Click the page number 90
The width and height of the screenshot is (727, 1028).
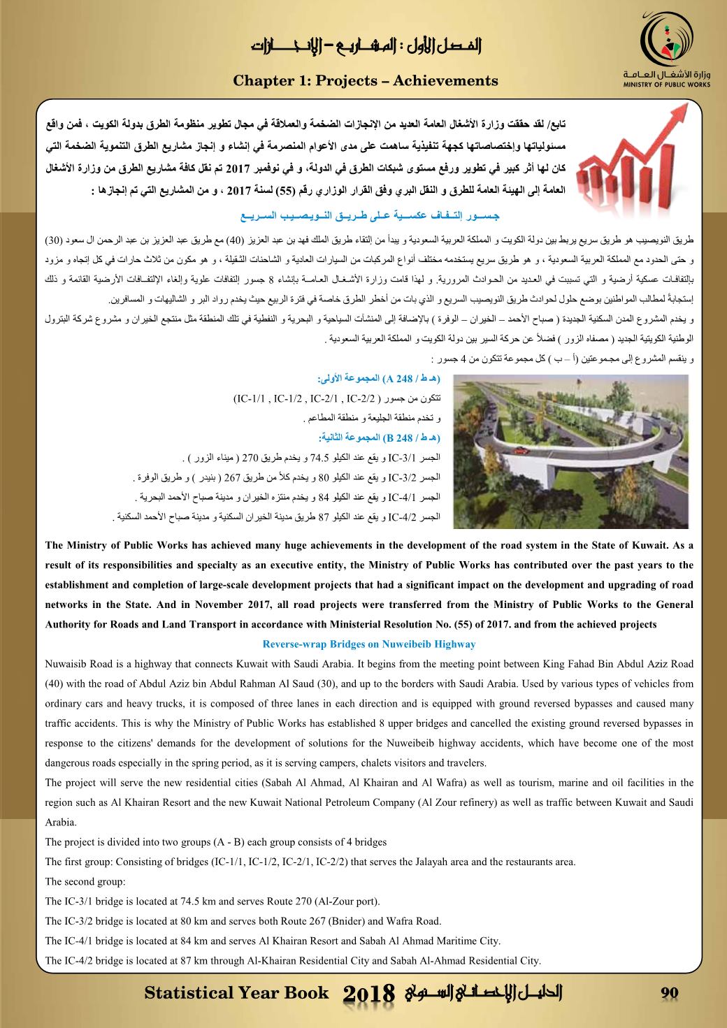pos(670,993)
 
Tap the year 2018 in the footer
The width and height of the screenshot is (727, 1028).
pos(370,994)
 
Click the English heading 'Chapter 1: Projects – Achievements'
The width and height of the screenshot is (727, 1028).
pos(366,81)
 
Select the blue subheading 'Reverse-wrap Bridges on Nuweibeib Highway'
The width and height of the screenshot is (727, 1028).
pos(369,644)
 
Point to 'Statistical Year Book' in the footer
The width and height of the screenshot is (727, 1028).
pos(236,993)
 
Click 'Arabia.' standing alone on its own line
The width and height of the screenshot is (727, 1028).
pos(61,823)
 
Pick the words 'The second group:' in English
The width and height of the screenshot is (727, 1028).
pos(85,881)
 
